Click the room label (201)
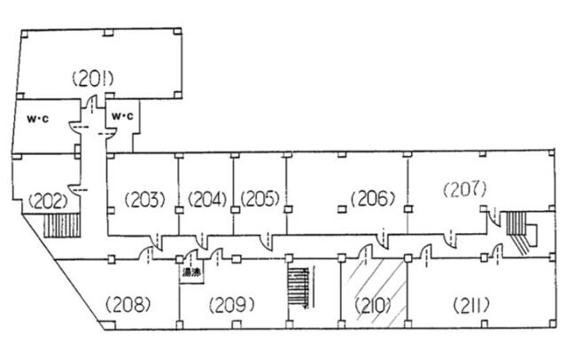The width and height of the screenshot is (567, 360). [91, 80]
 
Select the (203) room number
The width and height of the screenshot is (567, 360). [144, 199]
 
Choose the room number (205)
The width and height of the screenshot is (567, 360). [260, 199]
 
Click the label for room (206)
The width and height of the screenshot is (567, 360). [371, 199]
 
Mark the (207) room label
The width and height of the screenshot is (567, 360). [465, 188]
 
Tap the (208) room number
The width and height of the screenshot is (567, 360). [128, 306]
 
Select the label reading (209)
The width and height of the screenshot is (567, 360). [232, 306]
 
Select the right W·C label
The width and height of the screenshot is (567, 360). [120, 116]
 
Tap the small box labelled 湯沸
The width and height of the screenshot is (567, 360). [190, 273]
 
